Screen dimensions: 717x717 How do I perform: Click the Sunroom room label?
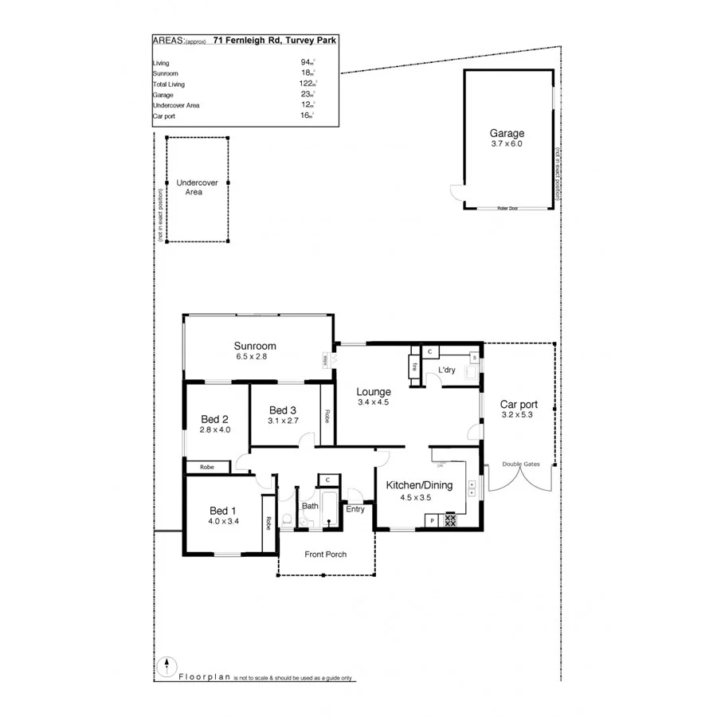(255, 346)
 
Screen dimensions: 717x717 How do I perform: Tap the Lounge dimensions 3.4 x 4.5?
(373, 402)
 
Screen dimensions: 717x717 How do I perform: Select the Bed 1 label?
(222, 511)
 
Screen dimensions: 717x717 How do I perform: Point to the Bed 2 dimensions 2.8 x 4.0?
(214, 430)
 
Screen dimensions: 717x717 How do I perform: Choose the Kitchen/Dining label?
(419, 485)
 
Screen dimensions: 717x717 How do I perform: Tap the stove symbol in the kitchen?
(450, 520)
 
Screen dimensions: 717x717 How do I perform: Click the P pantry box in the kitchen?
(432, 521)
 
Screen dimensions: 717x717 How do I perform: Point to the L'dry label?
(446, 370)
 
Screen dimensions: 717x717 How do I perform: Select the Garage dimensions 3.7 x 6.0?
(507, 144)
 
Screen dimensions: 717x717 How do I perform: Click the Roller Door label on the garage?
(507, 208)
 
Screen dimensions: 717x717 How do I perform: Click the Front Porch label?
(325, 554)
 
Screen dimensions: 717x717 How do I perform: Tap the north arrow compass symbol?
(166, 666)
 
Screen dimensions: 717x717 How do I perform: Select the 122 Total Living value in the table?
(305, 84)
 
